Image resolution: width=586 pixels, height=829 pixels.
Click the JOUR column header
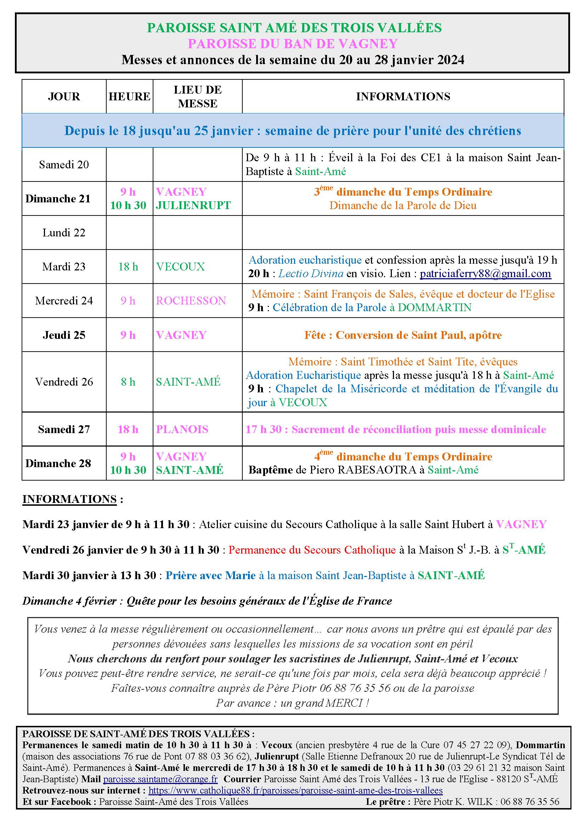tap(64, 96)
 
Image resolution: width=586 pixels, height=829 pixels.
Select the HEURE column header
tap(129, 96)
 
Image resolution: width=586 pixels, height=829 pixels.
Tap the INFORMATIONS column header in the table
tap(403, 96)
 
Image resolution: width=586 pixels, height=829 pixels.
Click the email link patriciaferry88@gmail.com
tap(485, 274)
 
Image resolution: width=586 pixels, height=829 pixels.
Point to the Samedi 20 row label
tap(64, 165)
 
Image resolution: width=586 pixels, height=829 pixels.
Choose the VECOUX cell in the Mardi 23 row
tap(180, 267)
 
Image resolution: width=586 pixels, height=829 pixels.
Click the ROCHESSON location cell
tap(191, 301)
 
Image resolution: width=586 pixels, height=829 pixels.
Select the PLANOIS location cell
tap(182, 429)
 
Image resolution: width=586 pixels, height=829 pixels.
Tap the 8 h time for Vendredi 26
tap(128, 382)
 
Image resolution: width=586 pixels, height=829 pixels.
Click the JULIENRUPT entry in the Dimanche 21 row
tap(193, 206)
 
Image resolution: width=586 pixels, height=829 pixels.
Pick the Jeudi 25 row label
tap(64, 335)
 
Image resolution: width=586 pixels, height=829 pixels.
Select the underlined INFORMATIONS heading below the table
tap(69, 499)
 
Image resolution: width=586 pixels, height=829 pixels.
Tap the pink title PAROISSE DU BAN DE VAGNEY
tap(293, 44)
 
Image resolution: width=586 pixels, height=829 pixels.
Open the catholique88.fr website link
tap(295, 790)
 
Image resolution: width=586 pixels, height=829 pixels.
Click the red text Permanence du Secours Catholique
tap(312, 550)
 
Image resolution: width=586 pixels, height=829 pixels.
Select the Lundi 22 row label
tap(64, 233)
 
